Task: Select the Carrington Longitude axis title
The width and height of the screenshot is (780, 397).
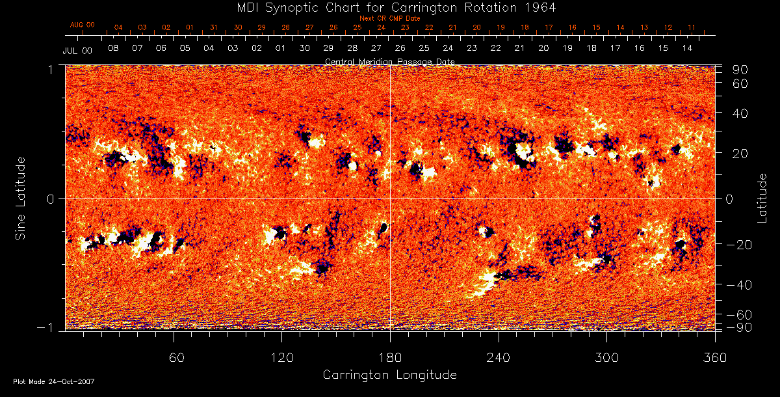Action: pos(389,375)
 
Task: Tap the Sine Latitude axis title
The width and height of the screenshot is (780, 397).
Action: pos(21,198)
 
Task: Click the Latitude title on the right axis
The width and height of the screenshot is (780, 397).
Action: pos(762,198)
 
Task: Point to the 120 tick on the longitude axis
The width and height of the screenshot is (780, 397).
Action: pos(281,357)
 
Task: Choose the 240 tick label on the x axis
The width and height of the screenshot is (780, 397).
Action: pos(499,357)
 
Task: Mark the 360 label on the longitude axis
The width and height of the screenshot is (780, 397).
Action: pos(715,357)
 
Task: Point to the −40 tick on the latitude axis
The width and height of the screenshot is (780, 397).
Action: pos(740,285)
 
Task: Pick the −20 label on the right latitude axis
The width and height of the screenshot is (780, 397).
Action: pos(740,244)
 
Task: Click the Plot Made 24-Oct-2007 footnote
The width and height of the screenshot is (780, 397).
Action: pos(54,381)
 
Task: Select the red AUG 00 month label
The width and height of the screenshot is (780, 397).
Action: pos(83,25)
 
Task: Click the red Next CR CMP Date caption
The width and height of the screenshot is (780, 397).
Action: pos(389,18)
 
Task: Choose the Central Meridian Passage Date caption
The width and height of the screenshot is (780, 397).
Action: pos(389,61)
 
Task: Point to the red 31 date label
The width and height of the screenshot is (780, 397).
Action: pos(214,28)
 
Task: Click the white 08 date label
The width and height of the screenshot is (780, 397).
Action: pos(113,49)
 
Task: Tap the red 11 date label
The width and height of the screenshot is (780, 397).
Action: pos(692,28)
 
